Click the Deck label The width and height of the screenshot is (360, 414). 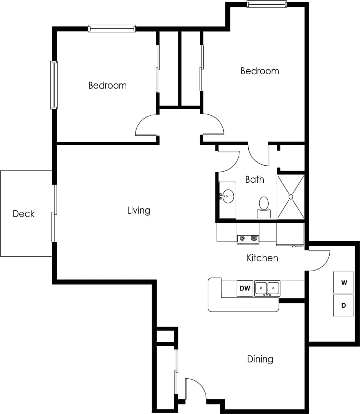[24, 214]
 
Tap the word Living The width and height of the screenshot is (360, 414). [139, 211]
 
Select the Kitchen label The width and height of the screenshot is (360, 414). [262, 258]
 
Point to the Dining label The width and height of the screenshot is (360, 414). [260, 359]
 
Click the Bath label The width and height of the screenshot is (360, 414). [255, 180]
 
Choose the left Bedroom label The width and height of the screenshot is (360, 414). [107, 86]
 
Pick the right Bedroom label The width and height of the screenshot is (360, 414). [260, 71]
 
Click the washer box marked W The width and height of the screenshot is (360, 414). [344, 283]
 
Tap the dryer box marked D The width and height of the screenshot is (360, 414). [344, 306]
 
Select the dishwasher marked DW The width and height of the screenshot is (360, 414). [245, 288]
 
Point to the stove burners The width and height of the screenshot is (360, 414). [248, 238]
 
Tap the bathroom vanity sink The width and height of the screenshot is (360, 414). [228, 196]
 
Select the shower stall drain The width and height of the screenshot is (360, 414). [291, 196]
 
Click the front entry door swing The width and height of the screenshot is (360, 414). [195, 389]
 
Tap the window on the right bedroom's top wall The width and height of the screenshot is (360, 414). [267, 4]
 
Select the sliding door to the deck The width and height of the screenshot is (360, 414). [54, 213]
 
